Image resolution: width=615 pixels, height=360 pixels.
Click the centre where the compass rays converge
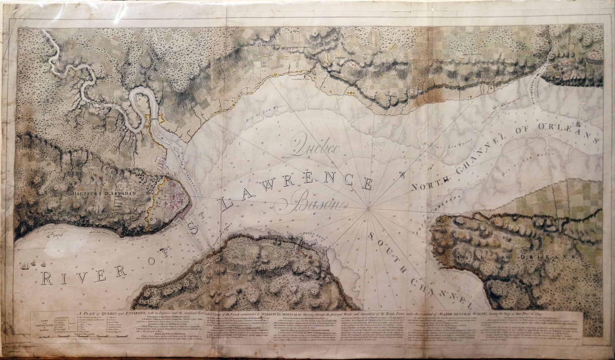coord(368,208)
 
